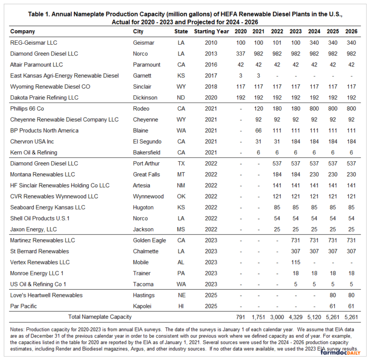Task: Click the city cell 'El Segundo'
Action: (146, 141)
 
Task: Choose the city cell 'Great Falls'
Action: (146, 174)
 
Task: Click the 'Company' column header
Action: (23, 32)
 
